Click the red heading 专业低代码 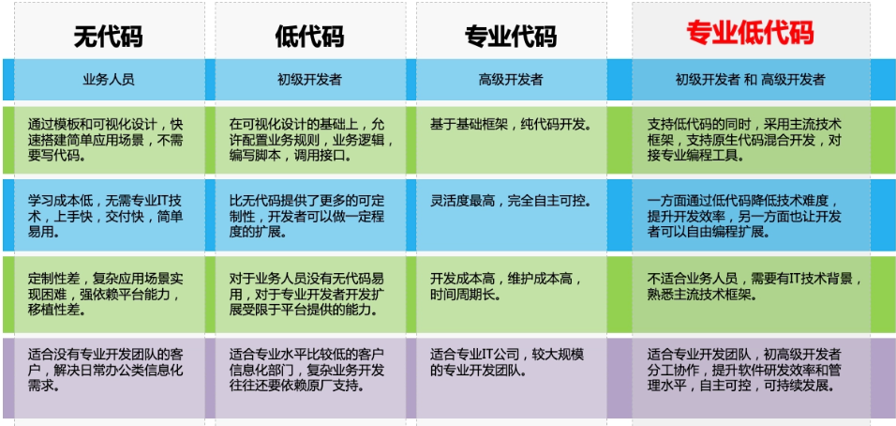750,33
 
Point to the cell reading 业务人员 109,80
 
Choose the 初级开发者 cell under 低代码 309,80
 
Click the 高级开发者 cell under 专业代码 511,80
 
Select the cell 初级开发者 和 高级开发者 751,80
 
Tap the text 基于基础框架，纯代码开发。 510,124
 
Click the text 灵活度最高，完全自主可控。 510,202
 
